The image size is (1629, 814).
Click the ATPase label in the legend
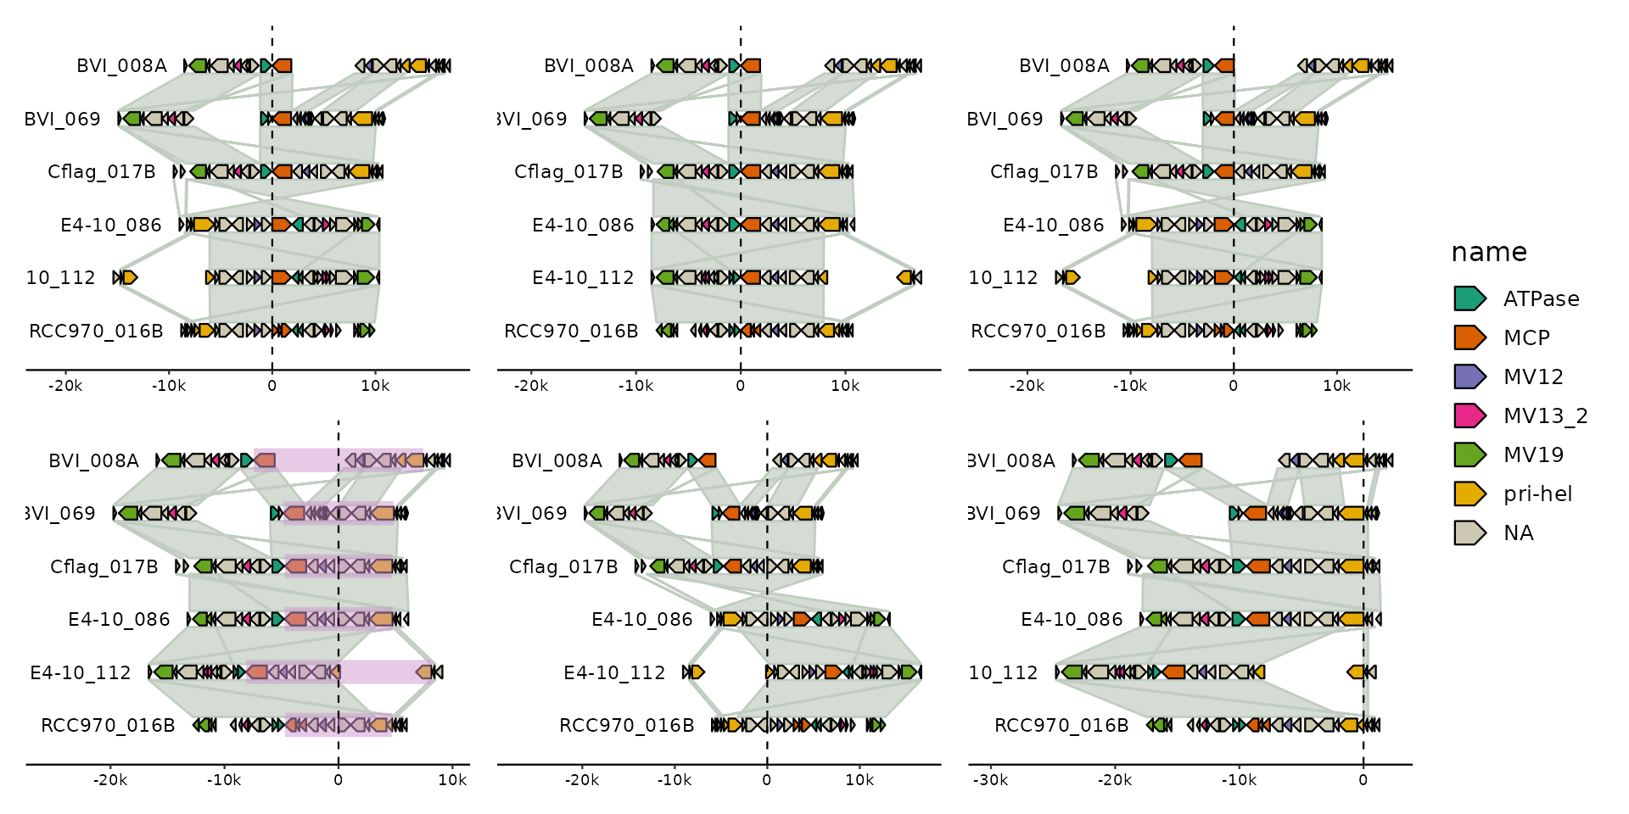(x=1541, y=298)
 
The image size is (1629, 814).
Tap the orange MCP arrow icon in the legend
(x=1469, y=337)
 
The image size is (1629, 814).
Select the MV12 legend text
(x=1532, y=376)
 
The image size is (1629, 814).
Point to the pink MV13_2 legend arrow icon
(x=1469, y=415)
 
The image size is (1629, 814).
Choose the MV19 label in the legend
(x=1532, y=454)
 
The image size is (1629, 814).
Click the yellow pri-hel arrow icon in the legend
(x=1469, y=493)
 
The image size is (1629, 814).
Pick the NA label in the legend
(x=1518, y=532)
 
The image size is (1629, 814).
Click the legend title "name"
(x=1488, y=252)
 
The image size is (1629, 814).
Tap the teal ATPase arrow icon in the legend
(x=1469, y=298)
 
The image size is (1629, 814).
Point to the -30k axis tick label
(x=990, y=780)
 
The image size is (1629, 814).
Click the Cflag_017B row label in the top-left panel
(x=102, y=172)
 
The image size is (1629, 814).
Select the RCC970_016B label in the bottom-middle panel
(x=626, y=726)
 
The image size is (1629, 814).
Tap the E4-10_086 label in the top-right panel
(x=1053, y=226)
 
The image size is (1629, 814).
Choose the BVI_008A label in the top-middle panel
(x=589, y=66)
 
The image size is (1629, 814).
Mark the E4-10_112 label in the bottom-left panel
(x=81, y=673)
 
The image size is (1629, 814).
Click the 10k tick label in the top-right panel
(x=1336, y=386)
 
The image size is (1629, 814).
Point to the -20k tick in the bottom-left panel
(x=110, y=780)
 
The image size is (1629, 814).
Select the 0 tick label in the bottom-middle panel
(x=767, y=780)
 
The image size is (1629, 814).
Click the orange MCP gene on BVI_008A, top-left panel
(x=283, y=65)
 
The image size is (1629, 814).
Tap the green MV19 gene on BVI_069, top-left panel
(x=132, y=119)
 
